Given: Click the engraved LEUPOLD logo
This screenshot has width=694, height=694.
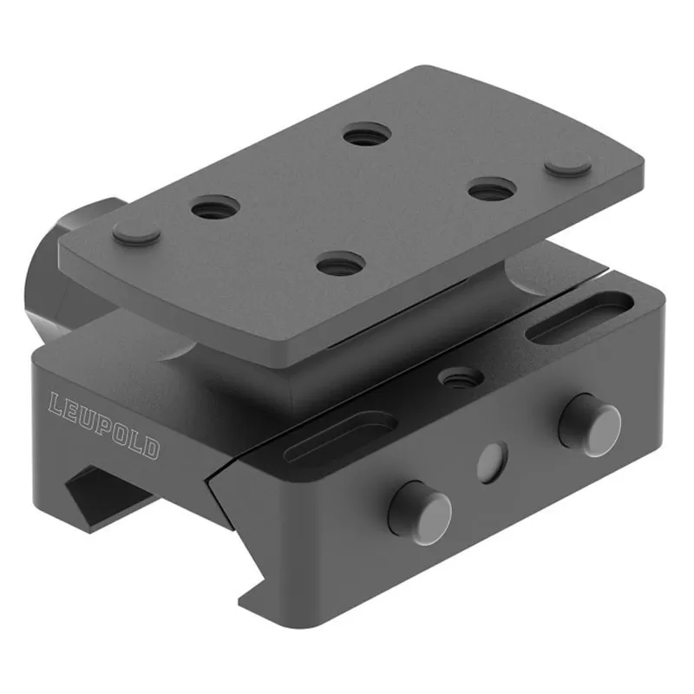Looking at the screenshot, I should [x=103, y=426].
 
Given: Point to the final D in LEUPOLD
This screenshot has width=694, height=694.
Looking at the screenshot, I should [x=150, y=448].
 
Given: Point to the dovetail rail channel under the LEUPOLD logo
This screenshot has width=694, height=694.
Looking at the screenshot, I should [x=104, y=494].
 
